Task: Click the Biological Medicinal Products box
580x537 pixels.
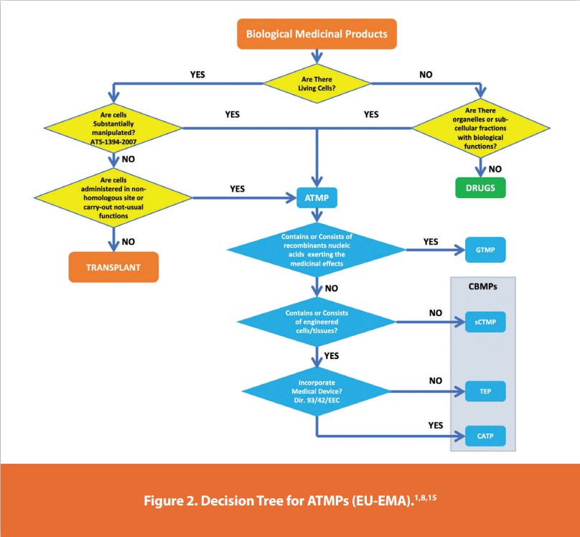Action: click(x=317, y=33)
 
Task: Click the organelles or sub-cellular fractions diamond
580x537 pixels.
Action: click(x=480, y=127)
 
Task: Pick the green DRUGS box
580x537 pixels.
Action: click(x=480, y=188)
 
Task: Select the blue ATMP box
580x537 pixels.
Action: click(x=317, y=197)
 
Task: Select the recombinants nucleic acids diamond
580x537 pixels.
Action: click(x=317, y=250)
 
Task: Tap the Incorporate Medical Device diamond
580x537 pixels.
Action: click(x=317, y=391)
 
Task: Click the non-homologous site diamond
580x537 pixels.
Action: click(x=113, y=197)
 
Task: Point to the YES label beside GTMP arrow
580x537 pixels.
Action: click(x=431, y=242)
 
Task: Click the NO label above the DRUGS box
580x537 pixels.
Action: click(x=495, y=169)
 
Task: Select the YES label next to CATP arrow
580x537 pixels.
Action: click(x=436, y=425)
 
